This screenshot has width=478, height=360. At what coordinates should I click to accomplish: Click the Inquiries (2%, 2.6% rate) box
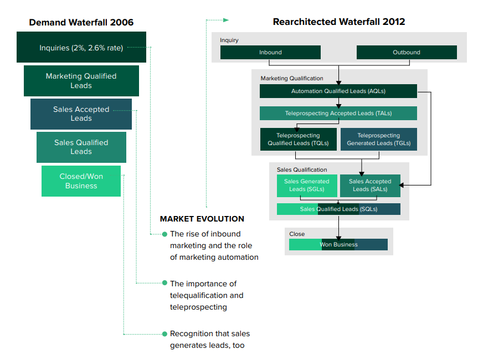click(x=81, y=48)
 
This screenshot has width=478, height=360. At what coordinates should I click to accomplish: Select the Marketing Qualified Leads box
click(x=81, y=81)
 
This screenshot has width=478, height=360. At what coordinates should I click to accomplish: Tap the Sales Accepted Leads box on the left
click(x=81, y=114)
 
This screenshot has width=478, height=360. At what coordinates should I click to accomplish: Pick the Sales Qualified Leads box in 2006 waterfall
click(x=81, y=147)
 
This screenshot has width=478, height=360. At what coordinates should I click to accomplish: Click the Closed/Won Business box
click(x=81, y=181)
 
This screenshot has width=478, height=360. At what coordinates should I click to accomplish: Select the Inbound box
click(x=270, y=53)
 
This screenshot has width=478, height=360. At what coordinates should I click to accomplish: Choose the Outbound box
click(x=406, y=53)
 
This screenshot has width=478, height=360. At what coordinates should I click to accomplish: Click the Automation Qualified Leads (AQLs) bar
click(x=338, y=91)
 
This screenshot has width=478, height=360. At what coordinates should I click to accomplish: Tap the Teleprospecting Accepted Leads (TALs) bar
click(x=338, y=114)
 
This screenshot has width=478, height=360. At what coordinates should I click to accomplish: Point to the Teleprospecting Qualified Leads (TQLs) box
click(x=298, y=139)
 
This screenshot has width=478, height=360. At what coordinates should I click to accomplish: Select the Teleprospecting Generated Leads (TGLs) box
click(x=378, y=139)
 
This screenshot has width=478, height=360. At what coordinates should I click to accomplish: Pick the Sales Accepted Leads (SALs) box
click(x=369, y=186)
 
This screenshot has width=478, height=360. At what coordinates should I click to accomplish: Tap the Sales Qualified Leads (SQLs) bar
click(x=338, y=209)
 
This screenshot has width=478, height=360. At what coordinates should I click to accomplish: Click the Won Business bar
click(x=338, y=245)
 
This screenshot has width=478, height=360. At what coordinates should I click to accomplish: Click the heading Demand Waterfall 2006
click(x=81, y=23)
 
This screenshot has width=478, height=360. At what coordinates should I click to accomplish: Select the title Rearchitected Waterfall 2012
click(x=338, y=22)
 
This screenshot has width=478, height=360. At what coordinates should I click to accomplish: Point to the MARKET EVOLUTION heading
click(x=202, y=219)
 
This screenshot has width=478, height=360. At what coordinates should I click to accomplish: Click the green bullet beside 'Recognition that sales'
click(x=165, y=334)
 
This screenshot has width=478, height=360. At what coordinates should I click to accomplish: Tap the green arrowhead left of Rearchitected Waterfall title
click(x=225, y=20)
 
